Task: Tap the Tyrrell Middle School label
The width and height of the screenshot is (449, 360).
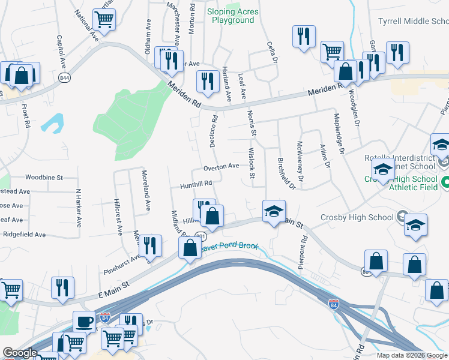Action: pos(413,22)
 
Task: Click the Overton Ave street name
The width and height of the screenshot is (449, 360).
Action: pos(221,166)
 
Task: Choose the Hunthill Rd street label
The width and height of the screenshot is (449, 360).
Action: pos(196,184)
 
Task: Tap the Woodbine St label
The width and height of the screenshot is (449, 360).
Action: pos(44,178)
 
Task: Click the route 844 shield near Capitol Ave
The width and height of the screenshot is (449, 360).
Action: pos(64,78)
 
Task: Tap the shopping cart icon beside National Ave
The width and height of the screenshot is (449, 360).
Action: pos(104,19)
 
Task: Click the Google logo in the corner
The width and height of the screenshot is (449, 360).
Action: pos(20,353)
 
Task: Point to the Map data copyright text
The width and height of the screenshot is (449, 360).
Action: pos(412,355)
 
